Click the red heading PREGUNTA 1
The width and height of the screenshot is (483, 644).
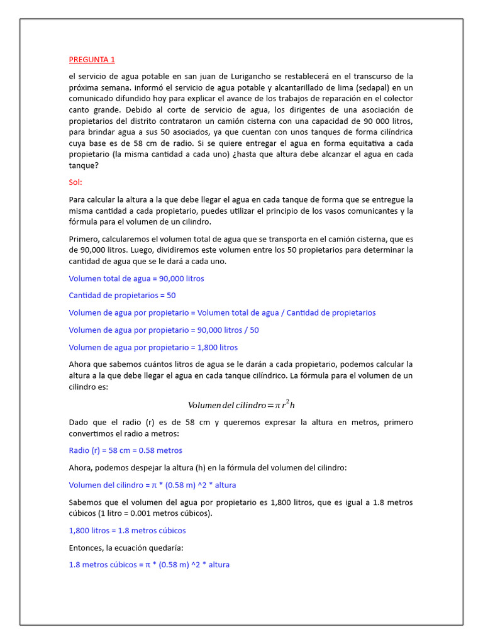tap(92, 60)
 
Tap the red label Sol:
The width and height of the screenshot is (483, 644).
tap(75, 182)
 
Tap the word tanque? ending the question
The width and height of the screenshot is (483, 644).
tap(84, 166)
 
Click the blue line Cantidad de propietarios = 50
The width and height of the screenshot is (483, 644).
tap(122, 296)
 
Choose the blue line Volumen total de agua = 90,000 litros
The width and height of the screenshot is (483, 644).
tap(136, 279)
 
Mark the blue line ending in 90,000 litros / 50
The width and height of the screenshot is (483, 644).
tap(164, 330)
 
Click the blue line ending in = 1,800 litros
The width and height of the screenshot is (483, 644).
tap(153, 347)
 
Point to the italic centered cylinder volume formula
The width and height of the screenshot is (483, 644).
tap(241, 405)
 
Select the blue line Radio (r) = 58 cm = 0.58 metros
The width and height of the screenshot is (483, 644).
tap(125, 450)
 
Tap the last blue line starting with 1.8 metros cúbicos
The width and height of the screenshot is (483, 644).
tap(149, 565)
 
